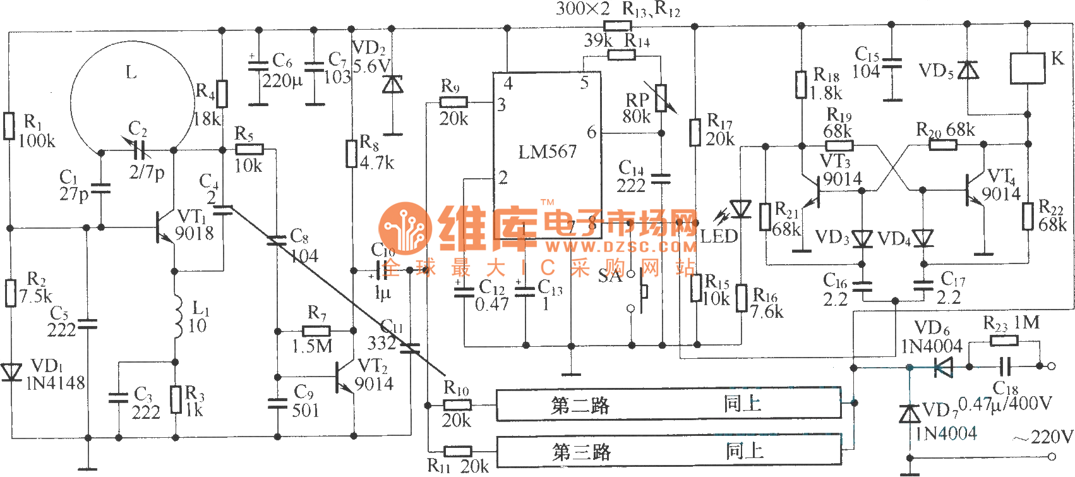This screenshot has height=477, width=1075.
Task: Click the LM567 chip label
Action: [x=547, y=152]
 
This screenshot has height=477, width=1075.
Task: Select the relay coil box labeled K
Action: [x=1028, y=68]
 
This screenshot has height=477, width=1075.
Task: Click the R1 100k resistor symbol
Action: [x=9, y=126]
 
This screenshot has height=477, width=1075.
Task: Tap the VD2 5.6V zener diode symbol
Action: [x=393, y=84]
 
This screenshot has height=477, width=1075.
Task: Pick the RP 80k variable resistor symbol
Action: [x=661, y=98]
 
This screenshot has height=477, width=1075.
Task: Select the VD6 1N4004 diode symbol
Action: [x=943, y=366]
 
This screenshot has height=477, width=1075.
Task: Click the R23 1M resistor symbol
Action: [x=1004, y=341]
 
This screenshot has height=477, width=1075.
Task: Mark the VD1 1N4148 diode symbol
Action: [x=10, y=372]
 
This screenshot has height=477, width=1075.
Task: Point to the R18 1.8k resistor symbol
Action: [x=801, y=85]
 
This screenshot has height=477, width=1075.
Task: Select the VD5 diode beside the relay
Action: [x=968, y=70]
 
